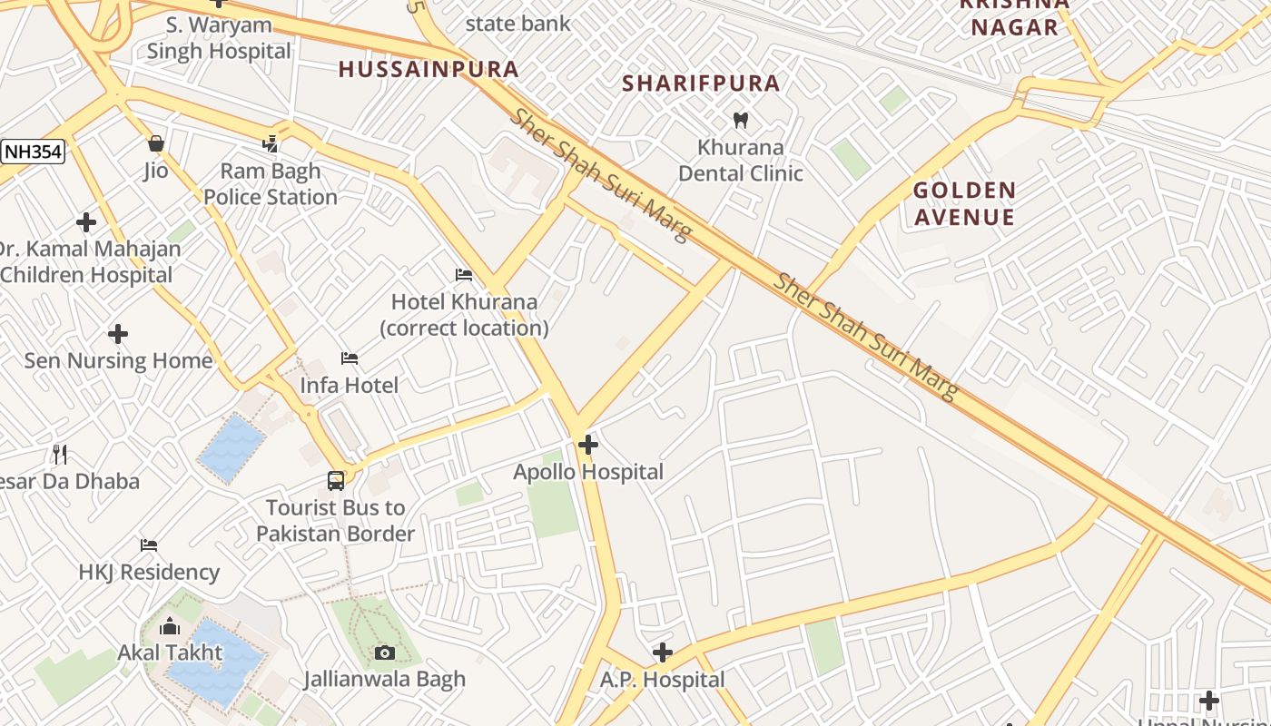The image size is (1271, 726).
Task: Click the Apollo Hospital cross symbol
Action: (588, 445)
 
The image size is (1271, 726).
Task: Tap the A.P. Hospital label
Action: (662, 679)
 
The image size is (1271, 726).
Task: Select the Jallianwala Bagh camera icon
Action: (384, 652)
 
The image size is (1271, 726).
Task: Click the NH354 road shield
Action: (33, 152)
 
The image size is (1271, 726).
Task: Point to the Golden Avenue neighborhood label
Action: (964, 203)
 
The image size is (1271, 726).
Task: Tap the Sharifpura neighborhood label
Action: (701, 83)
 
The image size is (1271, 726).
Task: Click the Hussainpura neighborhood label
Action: (429, 69)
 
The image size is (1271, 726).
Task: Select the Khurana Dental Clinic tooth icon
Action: (740, 120)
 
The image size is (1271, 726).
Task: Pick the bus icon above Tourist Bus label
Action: (336, 480)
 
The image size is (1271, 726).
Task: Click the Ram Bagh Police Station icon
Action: (270, 143)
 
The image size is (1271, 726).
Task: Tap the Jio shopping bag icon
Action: (155, 143)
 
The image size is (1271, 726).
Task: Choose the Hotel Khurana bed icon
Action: (464, 275)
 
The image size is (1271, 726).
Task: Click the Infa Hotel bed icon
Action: (350, 358)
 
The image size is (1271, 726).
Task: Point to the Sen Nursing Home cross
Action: (118, 334)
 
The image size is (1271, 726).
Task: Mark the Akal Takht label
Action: (170, 652)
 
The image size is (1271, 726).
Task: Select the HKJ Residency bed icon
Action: (149, 545)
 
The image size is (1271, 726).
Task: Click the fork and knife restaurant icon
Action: (60, 454)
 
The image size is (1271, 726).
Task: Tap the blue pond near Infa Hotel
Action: (232, 446)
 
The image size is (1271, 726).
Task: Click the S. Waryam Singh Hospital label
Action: (219, 38)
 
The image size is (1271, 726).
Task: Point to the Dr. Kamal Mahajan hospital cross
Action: (86, 221)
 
